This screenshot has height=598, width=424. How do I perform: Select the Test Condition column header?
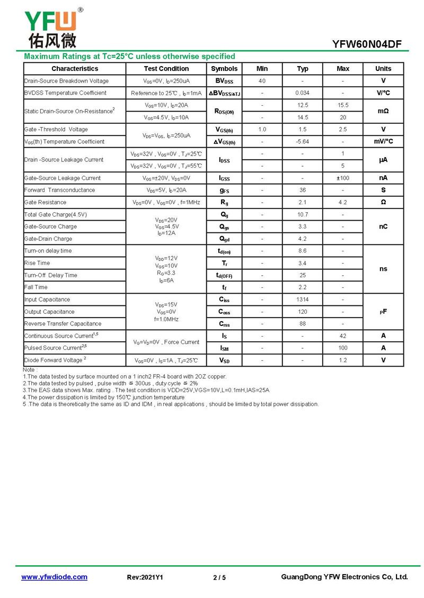tap(166, 69)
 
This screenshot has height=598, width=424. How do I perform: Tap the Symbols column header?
tap(224, 69)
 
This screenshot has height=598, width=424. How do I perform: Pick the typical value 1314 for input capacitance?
tap(303, 300)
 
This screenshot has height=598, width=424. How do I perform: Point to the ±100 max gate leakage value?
tap(343, 178)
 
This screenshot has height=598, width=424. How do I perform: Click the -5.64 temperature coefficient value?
tap(303, 141)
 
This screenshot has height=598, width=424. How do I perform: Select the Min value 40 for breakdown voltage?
tap(262, 81)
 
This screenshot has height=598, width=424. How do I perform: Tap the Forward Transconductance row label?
tap(59, 190)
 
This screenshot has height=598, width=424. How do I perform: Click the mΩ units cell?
tap(383, 111)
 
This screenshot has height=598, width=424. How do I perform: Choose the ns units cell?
tap(383, 269)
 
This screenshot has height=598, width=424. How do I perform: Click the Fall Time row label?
tap(36, 287)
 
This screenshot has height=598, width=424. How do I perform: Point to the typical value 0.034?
tap(303, 93)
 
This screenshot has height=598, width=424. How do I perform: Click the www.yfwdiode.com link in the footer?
tap(54, 577)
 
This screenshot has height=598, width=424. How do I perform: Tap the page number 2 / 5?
tap(219, 577)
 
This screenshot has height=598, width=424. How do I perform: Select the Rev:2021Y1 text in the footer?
tap(145, 577)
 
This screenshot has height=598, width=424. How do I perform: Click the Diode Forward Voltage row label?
tap(55, 360)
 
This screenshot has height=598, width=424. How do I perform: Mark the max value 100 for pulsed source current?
tap(343, 348)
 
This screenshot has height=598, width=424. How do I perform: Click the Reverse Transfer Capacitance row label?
tap(63, 324)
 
